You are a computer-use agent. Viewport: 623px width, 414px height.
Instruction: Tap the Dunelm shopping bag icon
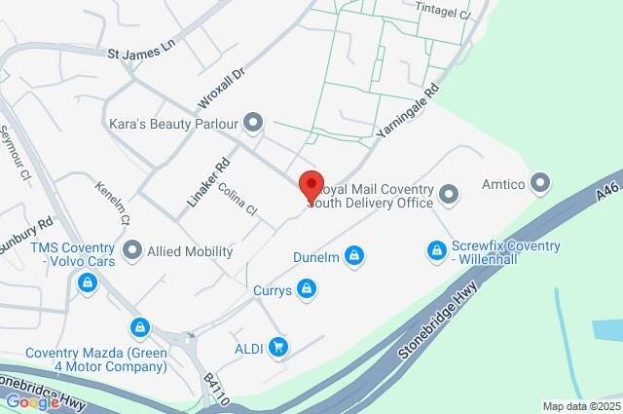click(356, 256)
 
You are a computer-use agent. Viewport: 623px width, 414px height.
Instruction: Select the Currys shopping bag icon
click(308, 287)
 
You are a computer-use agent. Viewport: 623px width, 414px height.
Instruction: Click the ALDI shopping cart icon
click(279, 346)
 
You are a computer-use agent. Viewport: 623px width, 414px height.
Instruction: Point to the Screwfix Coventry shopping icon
click(437, 251)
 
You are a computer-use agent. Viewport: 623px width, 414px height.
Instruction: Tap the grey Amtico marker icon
click(540, 183)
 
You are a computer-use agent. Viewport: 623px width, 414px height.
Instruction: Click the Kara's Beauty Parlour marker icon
click(254, 123)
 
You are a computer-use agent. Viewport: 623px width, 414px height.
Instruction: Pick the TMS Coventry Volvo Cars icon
click(89, 282)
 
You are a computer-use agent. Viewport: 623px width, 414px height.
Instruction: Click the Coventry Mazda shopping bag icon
click(142, 327)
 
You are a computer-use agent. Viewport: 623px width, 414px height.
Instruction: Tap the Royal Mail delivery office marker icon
click(449, 195)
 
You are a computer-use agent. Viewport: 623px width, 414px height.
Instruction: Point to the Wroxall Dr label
click(220, 87)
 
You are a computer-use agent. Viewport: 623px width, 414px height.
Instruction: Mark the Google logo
click(31, 401)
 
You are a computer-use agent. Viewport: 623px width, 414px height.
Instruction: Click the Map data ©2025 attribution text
click(581, 406)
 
